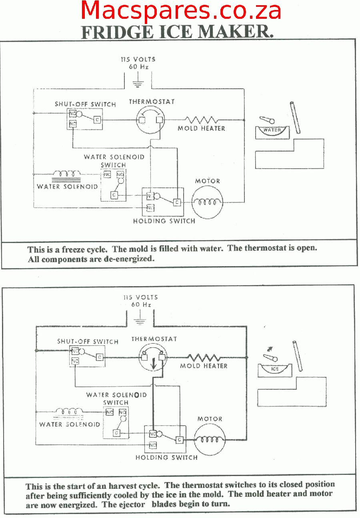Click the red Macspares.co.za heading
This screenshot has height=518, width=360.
[181, 11]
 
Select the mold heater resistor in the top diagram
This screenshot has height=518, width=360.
[201, 120]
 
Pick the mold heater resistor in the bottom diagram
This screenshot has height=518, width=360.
[204, 357]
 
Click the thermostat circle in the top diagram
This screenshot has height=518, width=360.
[150, 120]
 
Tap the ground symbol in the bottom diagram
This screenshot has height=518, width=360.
[140, 321]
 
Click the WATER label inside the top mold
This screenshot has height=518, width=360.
[272, 130]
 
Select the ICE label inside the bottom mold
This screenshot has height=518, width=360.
[274, 369]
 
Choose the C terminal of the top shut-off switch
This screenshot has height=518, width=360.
[97, 120]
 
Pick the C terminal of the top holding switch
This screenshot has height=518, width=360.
[177, 203]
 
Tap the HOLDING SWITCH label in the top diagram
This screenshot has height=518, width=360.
[164, 221]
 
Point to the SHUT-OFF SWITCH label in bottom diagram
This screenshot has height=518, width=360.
[88, 342]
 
